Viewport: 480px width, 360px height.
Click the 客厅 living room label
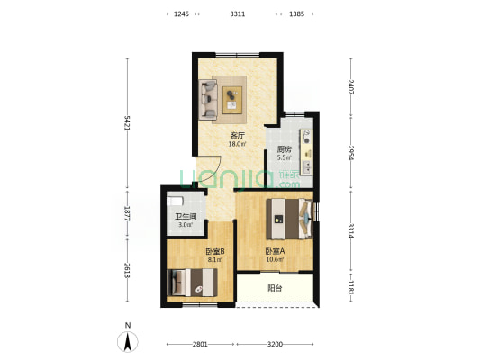[x=237, y=135]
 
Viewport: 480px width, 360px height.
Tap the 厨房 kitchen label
[x=284, y=149]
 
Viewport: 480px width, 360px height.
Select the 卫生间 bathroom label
[x=186, y=217]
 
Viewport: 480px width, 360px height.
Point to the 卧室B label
[x=215, y=251]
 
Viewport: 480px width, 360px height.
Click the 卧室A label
[x=275, y=251]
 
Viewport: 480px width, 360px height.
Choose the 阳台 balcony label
[x=275, y=288]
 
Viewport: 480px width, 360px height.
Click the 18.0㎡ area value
[x=237, y=144]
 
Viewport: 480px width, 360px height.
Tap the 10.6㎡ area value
[x=275, y=260]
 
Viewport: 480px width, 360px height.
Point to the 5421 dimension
[x=127, y=123]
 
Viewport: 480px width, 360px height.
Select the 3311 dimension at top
[x=238, y=13]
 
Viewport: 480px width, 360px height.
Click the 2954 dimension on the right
[x=351, y=152]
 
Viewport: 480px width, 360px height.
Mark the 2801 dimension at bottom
[x=200, y=344]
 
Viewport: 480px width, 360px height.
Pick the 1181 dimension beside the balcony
[x=351, y=287]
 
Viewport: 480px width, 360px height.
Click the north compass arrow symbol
[x=128, y=341]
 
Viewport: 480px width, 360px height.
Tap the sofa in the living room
[x=208, y=100]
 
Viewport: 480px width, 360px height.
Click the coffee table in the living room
[x=231, y=100]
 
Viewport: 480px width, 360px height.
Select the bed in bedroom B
[x=192, y=283]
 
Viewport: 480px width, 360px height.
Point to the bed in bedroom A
[x=290, y=219]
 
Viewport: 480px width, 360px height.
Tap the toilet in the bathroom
[x=175, y=201]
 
